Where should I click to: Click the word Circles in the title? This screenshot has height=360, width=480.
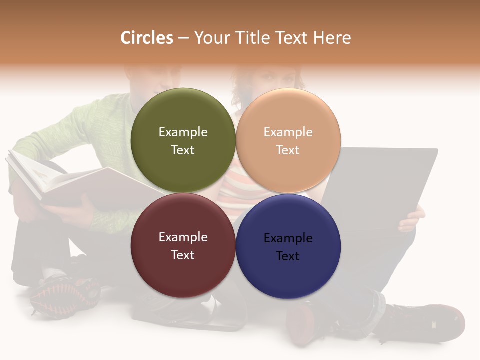(x=147, y=38)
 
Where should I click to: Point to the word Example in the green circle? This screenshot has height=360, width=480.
(x=183, y=132)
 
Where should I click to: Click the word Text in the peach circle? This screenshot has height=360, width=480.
(x=288, y=150)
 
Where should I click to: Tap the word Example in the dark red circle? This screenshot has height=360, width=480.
(x=183, y=237)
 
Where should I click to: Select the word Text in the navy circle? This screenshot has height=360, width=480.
(x=288, y=256)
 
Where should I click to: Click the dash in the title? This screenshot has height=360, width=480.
(x=183, y=38)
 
